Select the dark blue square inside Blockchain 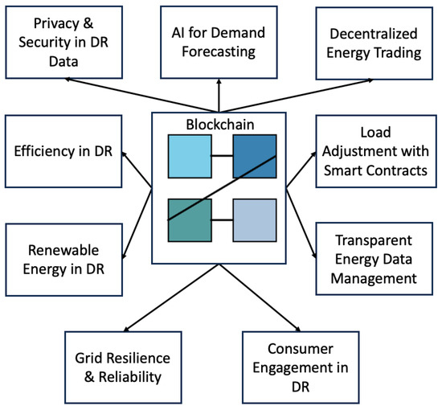pyautogui.click(x=254, y=155)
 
